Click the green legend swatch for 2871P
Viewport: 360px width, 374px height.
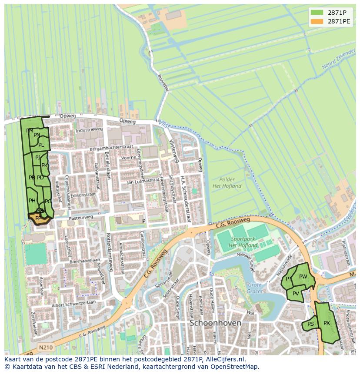(317, 13)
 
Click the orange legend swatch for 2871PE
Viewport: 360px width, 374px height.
(317, 21)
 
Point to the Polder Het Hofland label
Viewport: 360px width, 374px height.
(227, 182)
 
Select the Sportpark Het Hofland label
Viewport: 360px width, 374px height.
(244, 242)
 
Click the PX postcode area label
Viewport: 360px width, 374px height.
(327, 323)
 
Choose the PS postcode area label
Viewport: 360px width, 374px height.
(310, 324)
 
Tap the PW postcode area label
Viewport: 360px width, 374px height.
(303, 277)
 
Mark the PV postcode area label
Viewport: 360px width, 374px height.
(296, 294)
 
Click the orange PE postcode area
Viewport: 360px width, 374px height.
(39, 218)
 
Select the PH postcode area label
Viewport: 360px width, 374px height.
(32, 201)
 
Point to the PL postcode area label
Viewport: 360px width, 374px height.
(41, 145)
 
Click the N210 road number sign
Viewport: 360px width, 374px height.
(45, 347)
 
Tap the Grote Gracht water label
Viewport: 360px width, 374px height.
(255, 288)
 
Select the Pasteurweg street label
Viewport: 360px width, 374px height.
(81, 217)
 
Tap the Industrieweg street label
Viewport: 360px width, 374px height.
(89, 129)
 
